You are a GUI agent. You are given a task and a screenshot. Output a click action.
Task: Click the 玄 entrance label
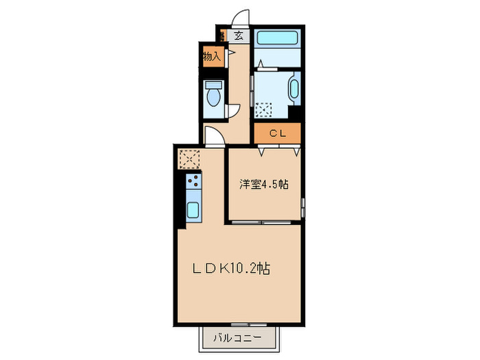[x=238, y=36]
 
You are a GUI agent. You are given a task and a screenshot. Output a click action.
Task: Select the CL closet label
[x=277, y=134]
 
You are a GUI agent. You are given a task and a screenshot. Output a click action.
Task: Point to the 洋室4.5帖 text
[x=264, y=184]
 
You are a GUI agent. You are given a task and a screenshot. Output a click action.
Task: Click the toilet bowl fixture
[x=213, y=95]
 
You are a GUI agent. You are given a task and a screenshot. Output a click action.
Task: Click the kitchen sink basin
[x=193, y=210]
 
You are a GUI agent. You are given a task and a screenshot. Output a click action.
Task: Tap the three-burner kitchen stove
[x=193, y=182]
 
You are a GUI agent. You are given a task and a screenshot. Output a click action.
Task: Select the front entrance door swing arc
[x=240, y=17]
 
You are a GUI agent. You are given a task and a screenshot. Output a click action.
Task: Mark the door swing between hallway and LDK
[x=213, y=138]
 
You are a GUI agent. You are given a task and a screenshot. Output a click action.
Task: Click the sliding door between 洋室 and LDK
[x=264, y=223]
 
